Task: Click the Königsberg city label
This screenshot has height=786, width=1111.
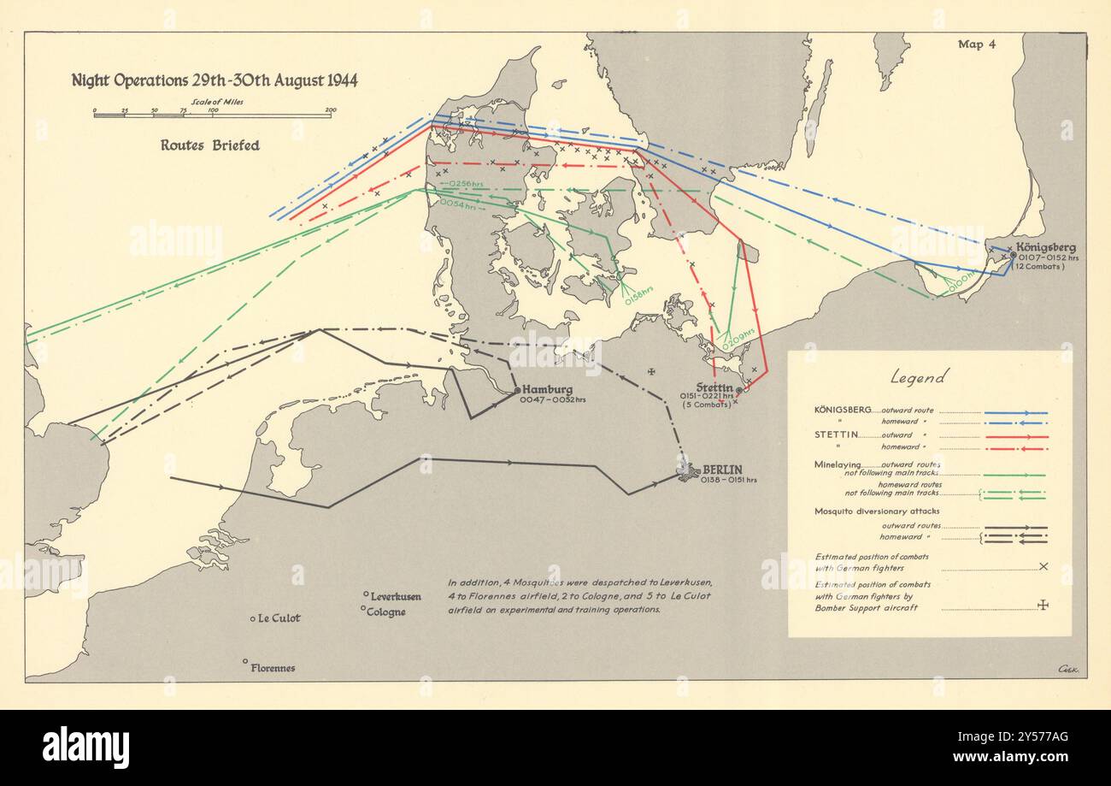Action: coord(1046,247)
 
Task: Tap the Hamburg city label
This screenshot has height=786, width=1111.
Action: coord(547,389)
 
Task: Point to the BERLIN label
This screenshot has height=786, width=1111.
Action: coord(722,469)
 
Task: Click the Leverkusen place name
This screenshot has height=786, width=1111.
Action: coord(396,595)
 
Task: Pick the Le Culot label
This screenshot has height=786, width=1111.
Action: coord(279,618)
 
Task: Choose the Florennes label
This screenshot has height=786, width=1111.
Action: coord(273,667)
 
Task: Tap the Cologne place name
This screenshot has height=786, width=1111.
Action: coord(387,612)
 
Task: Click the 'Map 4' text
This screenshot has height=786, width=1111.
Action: coord(977,44)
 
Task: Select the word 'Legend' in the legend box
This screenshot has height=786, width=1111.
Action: coord(919,376)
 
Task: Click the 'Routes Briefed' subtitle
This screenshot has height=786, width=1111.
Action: coord(210,145)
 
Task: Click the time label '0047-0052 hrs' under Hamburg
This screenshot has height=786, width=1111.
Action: coord(552,400)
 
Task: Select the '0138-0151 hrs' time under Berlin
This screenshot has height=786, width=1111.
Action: coord(727,480)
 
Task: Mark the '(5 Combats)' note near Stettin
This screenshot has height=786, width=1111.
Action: coord(706,405)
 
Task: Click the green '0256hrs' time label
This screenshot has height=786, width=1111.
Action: coord(459,184)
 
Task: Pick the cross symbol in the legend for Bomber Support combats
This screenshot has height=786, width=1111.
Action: coord(1043,605)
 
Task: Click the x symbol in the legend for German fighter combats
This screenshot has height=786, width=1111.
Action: coord(1043,566)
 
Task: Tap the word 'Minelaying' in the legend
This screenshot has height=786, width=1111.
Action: coord(843,464)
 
